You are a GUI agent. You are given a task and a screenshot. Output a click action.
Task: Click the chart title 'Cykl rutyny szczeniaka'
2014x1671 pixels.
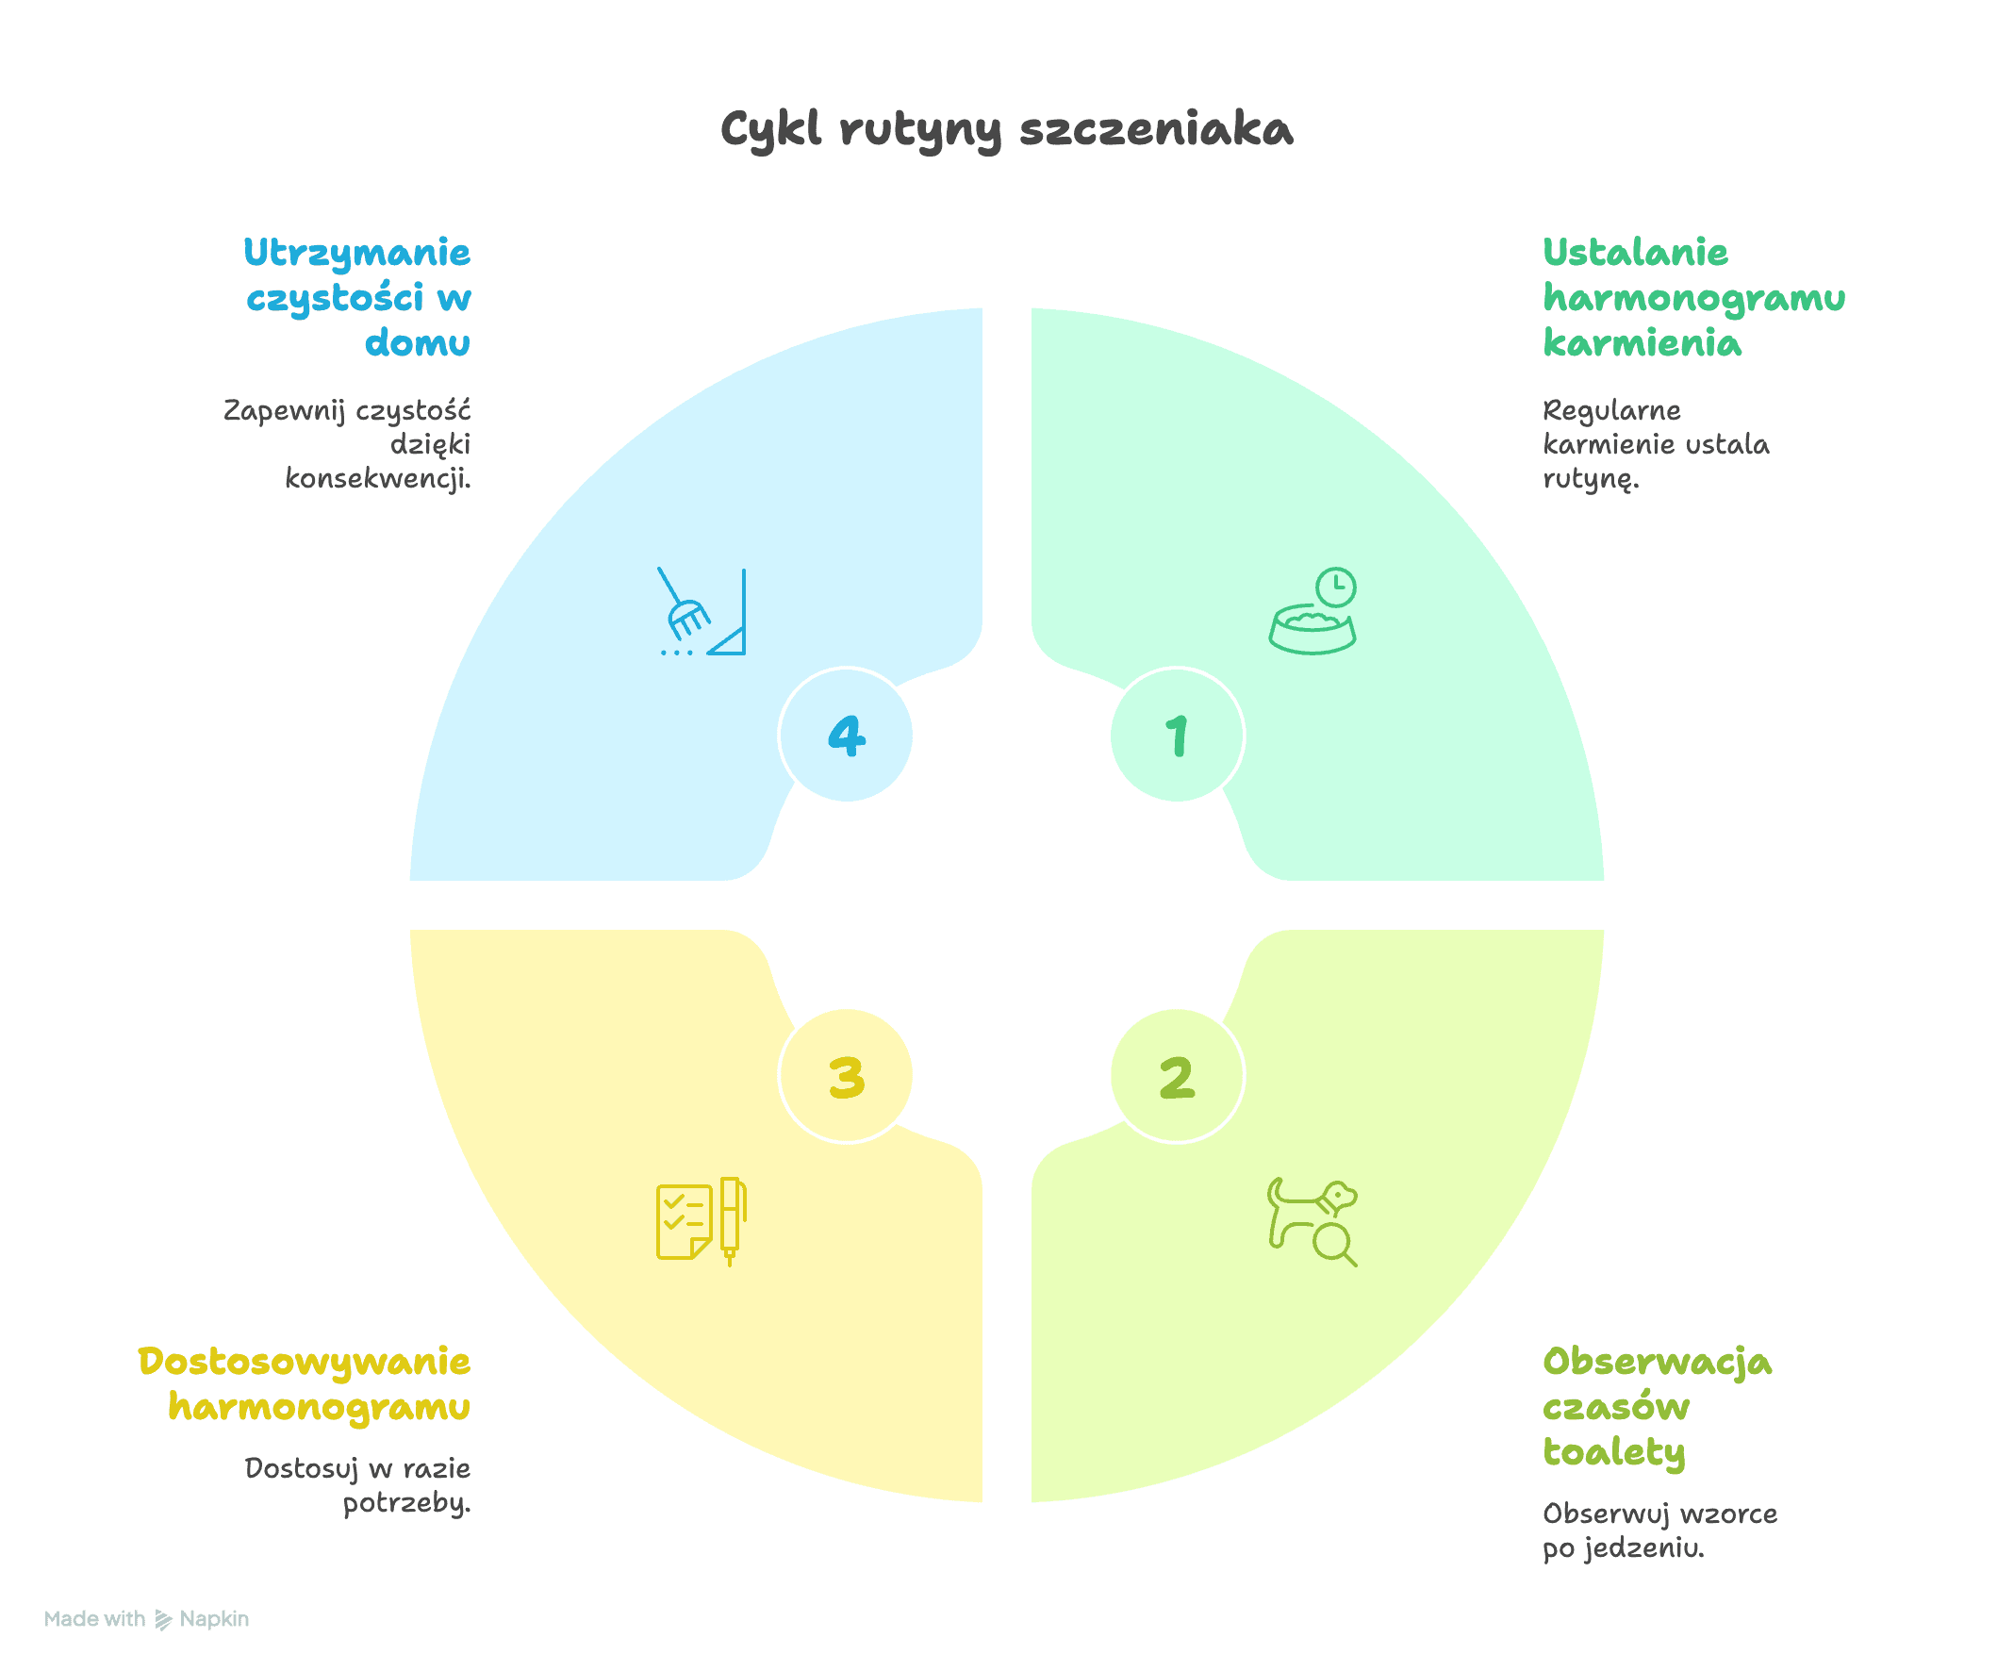click(x=1007, y=129)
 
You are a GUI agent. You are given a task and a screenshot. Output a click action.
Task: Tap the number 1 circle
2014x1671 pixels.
click(x=1177, y=735)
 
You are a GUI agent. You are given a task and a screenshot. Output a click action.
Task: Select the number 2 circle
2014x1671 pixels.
click(x=1177, y=1075)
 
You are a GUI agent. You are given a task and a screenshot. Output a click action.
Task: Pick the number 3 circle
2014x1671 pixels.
click(x=846, y=1075)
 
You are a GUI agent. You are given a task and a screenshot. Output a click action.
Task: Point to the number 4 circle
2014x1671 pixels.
click(x=846, y=735)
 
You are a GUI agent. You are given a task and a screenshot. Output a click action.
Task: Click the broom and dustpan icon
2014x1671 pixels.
click(x=703, y=612)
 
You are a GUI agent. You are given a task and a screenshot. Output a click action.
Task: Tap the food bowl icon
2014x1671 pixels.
click(x=1312, y=629)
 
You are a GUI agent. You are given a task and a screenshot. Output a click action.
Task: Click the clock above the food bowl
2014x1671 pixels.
click(x=1336, y=587)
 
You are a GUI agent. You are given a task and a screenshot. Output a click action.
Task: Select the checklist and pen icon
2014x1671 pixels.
click(x=702, y=1221)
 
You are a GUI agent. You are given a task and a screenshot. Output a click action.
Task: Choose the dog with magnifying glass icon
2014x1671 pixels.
click(x=1312, y=1221)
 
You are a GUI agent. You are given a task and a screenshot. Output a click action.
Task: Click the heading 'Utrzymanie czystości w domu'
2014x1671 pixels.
click(x=357, y=297)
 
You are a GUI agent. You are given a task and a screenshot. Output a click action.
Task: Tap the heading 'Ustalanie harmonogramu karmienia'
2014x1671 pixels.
click(x=1693, y=297)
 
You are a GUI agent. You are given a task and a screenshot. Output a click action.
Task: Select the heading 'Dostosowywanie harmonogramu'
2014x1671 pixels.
click(x=304, y=1383)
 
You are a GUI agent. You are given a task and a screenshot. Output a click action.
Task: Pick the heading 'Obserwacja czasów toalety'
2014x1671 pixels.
click(x=1658, y=1406)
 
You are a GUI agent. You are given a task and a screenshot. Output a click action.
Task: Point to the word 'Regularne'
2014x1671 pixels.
click(x=1611, y=411)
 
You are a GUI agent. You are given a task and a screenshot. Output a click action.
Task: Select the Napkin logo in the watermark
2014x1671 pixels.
click(x=164, y=1620)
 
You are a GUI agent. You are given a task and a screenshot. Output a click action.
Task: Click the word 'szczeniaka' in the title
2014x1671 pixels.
click(x=1157, y=129)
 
